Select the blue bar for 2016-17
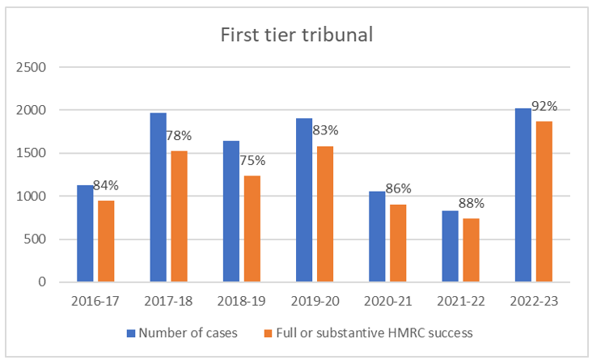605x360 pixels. pos(86,234)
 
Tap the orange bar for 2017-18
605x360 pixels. pos(180,217)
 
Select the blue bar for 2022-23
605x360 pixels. pos(523,195)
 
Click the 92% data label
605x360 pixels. pos(544,107)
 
